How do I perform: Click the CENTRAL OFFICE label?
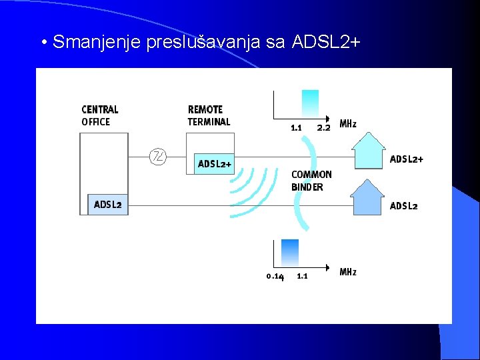(x=100, y=115)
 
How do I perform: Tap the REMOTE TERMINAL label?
(x=209, y=115)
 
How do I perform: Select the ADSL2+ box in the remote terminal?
(x=215, y=164)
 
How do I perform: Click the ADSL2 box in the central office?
(x=108, y=205)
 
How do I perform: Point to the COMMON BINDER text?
(x=311, y=181)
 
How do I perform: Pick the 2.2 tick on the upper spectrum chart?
(x=323, y=127)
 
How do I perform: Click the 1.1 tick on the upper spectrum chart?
(x=296, y=127)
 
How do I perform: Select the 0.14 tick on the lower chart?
(x=275, y=276)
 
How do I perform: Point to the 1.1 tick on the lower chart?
(x=302, y=275)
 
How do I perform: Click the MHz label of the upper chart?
(x=348, y=124)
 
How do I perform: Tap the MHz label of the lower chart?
(x=348, y=272)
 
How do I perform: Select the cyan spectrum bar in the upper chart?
(x=310, y=103)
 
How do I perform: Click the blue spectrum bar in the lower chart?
(x=290, y=252)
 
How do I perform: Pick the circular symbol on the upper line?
(x=158, y=157)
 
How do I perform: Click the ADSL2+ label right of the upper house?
(x=406, y=159)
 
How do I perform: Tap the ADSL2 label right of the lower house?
(x=404, y=205)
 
